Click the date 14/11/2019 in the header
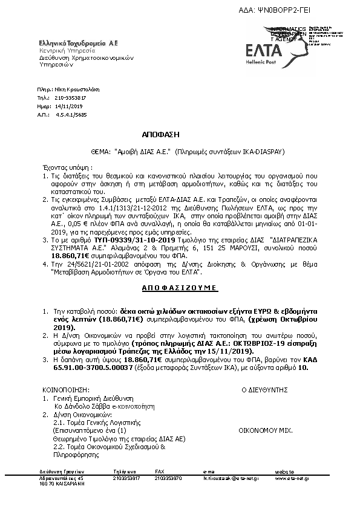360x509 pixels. coord(68,105)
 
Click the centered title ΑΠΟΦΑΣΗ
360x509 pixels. coord(162,134)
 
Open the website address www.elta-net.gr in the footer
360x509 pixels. coord(293,478)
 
